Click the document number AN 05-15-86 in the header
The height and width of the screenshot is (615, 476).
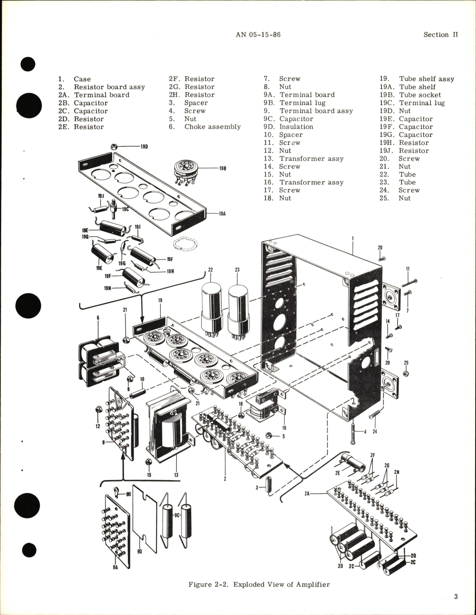click(258, 34)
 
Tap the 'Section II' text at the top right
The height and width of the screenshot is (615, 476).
click(440, 34)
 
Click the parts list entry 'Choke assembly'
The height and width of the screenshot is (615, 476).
click(212, 127)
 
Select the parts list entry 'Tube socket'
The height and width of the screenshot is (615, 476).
click(420, 95)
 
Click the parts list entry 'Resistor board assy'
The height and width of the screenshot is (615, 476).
click(109, 87)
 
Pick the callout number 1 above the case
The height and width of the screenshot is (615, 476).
click(352, 238)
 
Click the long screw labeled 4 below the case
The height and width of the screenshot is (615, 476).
click(353, 433)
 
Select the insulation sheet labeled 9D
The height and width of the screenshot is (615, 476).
click(146, 522)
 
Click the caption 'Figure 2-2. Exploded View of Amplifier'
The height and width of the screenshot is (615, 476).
click(259, 584)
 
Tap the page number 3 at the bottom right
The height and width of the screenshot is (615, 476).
click(456, 596)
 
